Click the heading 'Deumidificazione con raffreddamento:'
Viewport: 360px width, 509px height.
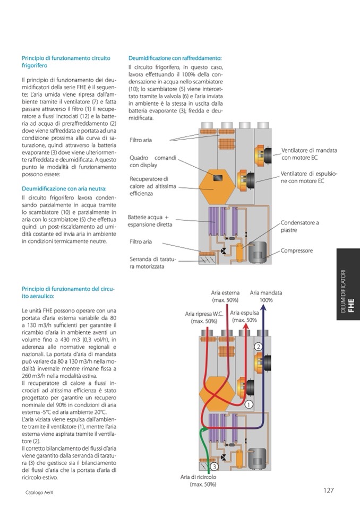175,58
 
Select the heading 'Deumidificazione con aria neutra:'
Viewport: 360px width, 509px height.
64,188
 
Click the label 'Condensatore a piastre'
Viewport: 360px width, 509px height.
299,227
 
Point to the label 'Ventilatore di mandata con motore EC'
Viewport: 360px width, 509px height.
309,154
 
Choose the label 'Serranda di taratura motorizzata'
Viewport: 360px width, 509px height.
152,263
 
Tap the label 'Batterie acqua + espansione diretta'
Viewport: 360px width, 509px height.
148,221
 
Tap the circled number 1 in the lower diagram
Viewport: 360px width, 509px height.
248,404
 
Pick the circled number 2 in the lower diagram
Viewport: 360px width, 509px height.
259,346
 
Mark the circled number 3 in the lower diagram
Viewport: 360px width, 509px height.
214,466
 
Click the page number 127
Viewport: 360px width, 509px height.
328,490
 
